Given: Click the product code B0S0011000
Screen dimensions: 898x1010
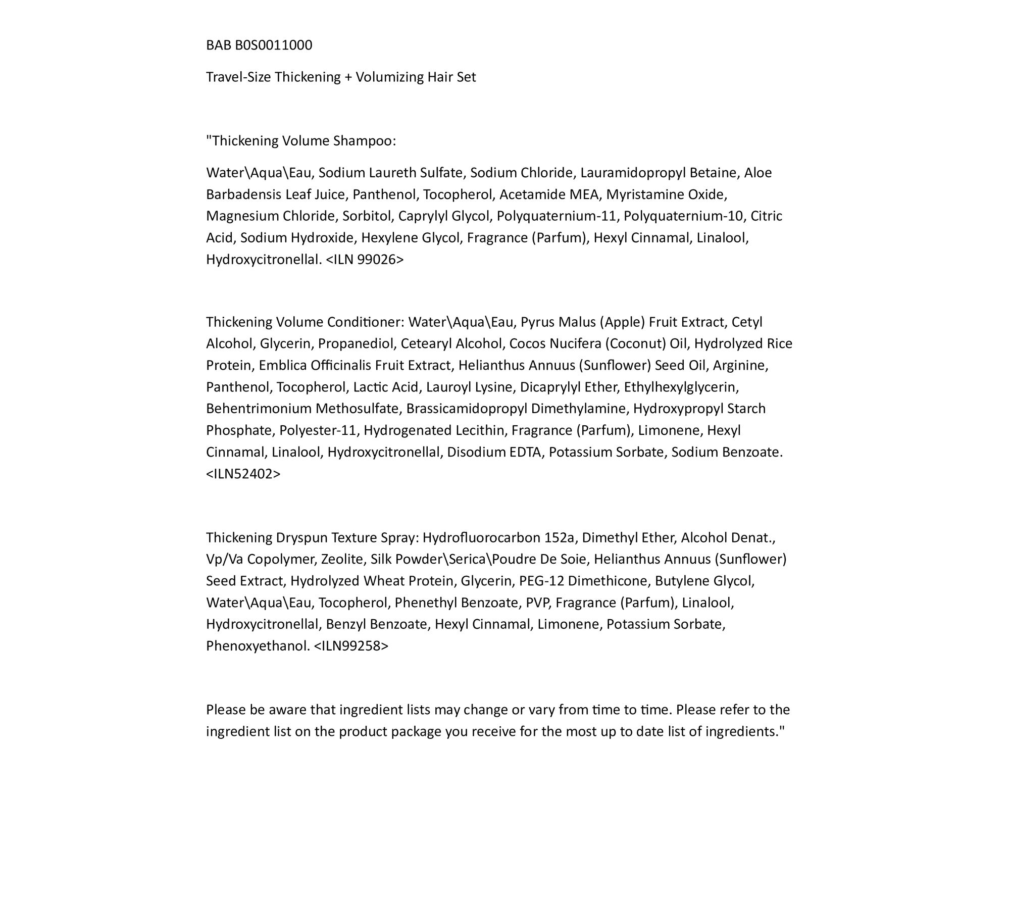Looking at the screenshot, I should click(274, 45).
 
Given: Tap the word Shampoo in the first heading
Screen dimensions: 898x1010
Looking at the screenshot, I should click(364, 141).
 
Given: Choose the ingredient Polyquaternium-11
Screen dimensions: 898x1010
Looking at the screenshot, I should click(556, 216).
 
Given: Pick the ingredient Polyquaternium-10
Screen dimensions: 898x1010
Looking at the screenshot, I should click(683, 216).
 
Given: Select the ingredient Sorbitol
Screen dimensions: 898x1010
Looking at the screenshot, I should click(367, 216).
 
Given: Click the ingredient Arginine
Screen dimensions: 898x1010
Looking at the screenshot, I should click(740, 366).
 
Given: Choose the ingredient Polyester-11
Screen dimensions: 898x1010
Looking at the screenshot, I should click(318, 430).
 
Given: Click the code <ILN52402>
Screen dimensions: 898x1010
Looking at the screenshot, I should click(243, 474).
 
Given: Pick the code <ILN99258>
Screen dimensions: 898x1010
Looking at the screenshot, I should click(351, 646).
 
